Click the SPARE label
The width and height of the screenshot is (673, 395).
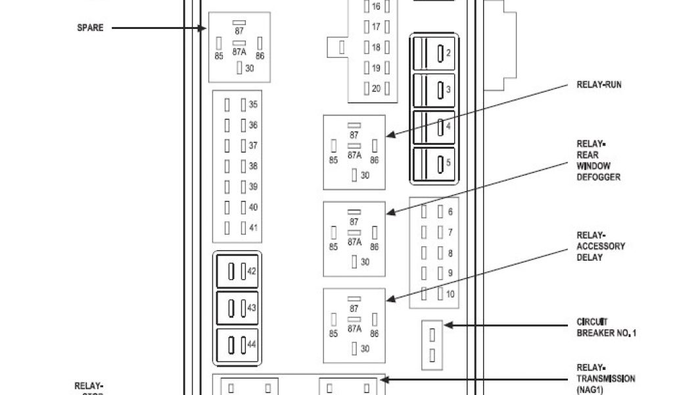click(x=90, y=28)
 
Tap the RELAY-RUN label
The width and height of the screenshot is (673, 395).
click(x=598, y=85)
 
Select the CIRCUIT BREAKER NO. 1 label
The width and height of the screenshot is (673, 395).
click(x=606, y=328)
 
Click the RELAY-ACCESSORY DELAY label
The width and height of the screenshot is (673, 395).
click(x=601, y=246)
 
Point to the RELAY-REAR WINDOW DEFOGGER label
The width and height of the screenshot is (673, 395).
click(x=598, y=161)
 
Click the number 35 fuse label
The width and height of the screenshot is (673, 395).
click(x=253, y=105)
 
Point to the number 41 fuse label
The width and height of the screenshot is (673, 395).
click(x=253, y=228)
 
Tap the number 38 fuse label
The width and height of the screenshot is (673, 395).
click(x=253, y=167)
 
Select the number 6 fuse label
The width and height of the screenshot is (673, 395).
click(x=450, y=212)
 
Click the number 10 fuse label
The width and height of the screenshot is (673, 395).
click(x=450, y=294)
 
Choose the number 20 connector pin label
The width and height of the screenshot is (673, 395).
click(x=376, y=89)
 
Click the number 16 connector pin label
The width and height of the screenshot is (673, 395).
click(x=376, y=7)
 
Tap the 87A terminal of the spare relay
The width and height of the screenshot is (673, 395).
click(x=239, y=51)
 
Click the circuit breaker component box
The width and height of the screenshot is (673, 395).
click(x=432, y=344)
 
